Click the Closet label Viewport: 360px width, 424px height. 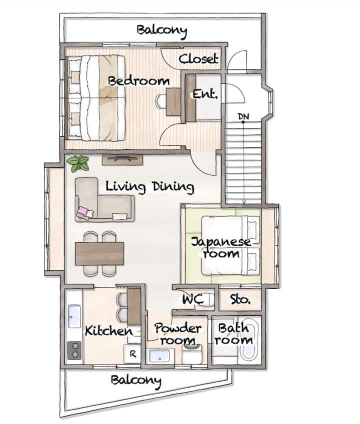[198, 58]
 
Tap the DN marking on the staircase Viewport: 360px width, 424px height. [243, 116]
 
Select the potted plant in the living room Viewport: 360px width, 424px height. [78, 164]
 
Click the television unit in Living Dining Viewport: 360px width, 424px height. [122, 159]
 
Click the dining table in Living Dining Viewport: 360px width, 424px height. [99, 253]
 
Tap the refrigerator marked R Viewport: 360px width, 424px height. [132, 354]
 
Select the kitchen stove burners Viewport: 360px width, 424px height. [74, 351]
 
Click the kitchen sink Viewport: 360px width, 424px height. [74, 317]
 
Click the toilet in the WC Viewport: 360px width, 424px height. [208, 299]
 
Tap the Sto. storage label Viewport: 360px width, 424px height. [240, 299]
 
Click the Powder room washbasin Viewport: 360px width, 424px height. [160, 357]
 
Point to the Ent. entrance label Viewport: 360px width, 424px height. [205, 94]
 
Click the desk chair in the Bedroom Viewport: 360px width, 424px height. [160, 102]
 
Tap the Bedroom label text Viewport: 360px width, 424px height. [138, 81]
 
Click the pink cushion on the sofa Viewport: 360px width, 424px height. [82, 210]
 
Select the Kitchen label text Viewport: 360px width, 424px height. [109, 331]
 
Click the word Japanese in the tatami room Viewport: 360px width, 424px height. [221, 242]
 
